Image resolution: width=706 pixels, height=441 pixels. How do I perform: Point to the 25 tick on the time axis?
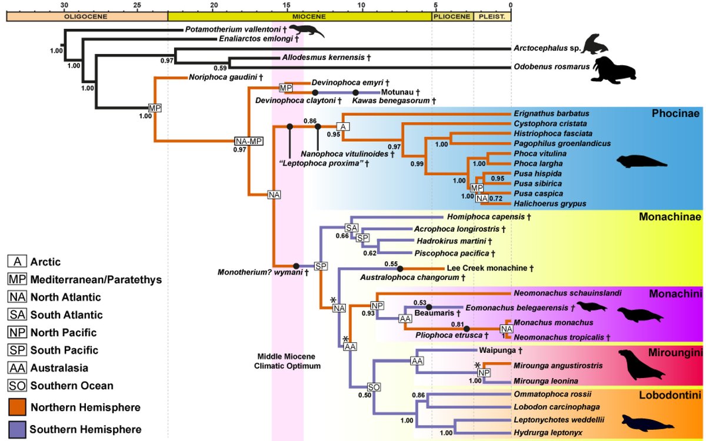[x=137, y=5]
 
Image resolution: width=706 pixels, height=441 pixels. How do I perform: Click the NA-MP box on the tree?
[x=248, y=141]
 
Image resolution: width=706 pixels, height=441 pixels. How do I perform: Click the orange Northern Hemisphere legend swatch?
[x=17, y=407]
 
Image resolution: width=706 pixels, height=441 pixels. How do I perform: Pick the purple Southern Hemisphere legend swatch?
[x=17, y=429]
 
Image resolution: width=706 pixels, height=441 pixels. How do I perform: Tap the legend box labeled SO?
[x=17, y=386]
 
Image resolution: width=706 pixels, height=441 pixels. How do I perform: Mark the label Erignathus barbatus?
[x=551, y=113]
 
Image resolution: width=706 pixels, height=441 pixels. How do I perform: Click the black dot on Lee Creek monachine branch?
[x=399, y=268]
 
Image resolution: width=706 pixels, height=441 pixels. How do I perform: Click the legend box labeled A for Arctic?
[x=17, y=261]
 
